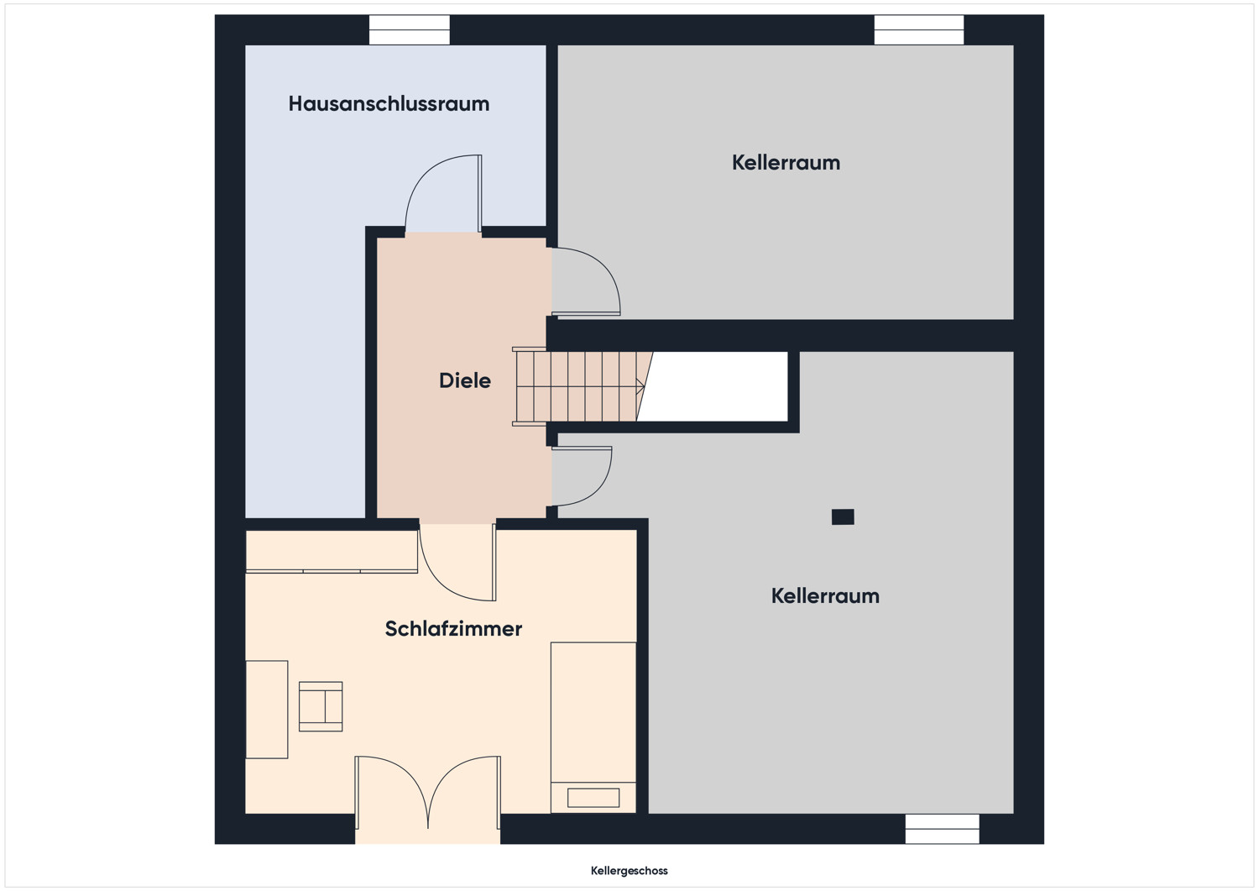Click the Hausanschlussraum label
pos(389,104)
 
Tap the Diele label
pos(465,380)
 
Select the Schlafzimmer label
pos(453,629)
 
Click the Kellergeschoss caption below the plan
pos(629,871)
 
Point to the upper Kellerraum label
pos(786,163)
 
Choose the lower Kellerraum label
pos(825,596)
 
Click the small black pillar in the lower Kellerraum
pos(843,516)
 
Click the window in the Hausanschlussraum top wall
pos(410,30)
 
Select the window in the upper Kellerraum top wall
pos(918,30)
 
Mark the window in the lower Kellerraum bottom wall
pos(942,829)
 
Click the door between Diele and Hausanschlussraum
pos(443,193)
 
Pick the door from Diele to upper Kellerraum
pos(586,281)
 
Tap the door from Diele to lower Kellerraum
pos(582,476)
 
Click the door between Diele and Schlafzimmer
pos(457,562)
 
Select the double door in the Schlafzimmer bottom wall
pos(428,793)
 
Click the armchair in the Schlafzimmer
pos(321,706)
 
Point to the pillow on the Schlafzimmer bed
pos(593,798)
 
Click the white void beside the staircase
pos(712,386)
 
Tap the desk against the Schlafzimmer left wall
pos(267,710)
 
